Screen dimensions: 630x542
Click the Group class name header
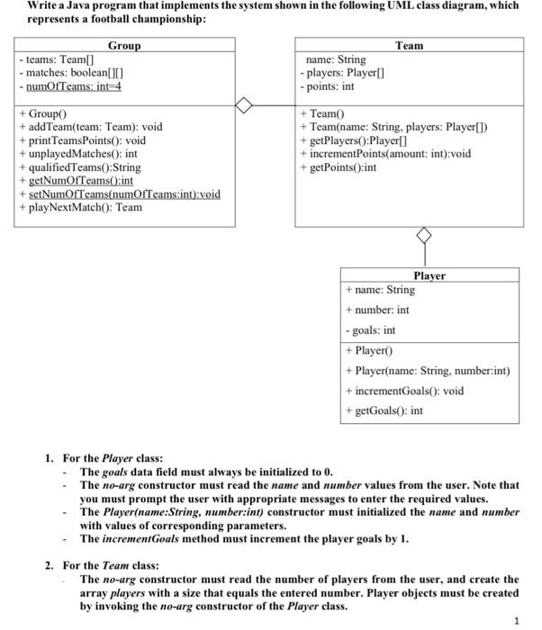(x=124, y=45)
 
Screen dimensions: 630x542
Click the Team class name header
(x=409, y=45)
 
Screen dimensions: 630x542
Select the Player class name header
(x=429, y=275)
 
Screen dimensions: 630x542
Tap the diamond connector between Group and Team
(x=244, y=106)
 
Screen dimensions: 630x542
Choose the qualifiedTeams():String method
(x=79, y=167)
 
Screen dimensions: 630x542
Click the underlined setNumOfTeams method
(x=119, y=193)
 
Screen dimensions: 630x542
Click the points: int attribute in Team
(x=328, y=86)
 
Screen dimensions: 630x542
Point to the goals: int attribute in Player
(x=371, y=330)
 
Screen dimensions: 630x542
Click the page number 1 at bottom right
(x=516, y=619)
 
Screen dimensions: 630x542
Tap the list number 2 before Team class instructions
(x=50, y=565)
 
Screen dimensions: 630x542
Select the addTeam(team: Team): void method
(x=91, y=127)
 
